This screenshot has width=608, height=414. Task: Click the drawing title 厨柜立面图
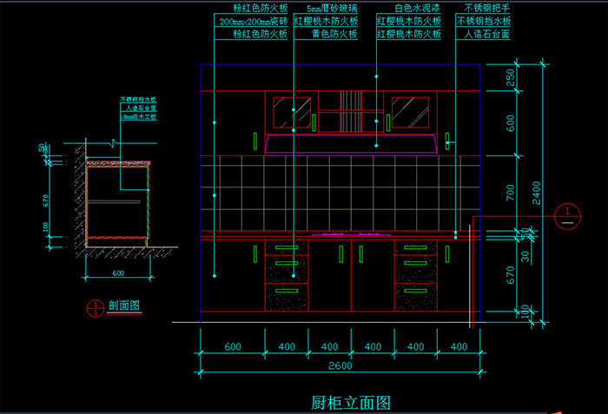[351, 403]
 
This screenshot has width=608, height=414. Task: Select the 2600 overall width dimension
[340, 366]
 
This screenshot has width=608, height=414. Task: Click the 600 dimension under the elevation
[232, 347]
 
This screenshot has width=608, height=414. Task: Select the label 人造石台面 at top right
[486, 35]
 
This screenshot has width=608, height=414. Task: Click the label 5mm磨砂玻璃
[332, 8]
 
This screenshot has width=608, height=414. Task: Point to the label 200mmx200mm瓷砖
[253, 21]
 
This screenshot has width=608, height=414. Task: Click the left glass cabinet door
[293, 113]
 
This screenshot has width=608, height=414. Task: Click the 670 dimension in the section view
[43, 200]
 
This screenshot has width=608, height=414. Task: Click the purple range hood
[351, 143]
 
